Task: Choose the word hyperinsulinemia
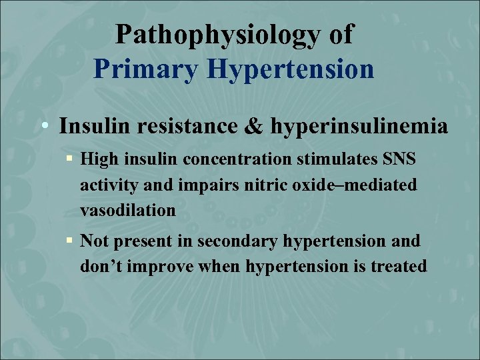pos(359,126)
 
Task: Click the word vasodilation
pos(128,211)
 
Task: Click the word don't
pos(101,266)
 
